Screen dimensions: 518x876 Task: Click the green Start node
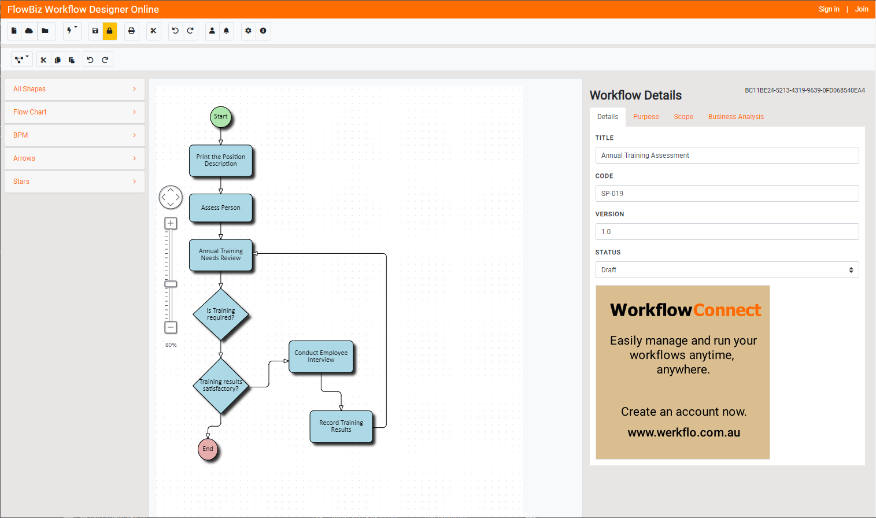point(220,117)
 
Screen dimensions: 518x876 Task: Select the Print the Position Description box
point(220,161)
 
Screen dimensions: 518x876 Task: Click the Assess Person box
point(220,208)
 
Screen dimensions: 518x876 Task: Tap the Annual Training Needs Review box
point(220,255)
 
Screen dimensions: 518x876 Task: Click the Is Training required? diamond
point(220,314)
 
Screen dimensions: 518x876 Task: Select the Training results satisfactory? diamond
point(220,386)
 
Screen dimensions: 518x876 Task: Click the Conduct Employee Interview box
point(321,357)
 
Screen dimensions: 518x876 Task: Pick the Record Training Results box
point(341,427)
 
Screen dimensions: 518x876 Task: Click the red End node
point(208,449)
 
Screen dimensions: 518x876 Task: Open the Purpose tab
point(646,117)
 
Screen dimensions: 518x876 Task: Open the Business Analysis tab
point(735,117)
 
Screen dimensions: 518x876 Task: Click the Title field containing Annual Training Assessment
point(727,156)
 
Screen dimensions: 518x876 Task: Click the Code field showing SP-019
point(727,194)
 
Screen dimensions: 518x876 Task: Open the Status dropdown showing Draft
point(727,270)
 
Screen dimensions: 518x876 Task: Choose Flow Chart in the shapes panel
point(75,112)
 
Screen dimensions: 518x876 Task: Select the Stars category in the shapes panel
point(75,182)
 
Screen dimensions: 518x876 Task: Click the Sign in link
point(829,9)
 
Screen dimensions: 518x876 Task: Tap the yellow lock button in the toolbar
point(109,31)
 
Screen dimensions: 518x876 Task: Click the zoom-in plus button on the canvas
point(171,223)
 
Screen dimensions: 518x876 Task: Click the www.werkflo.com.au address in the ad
point(683,432)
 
